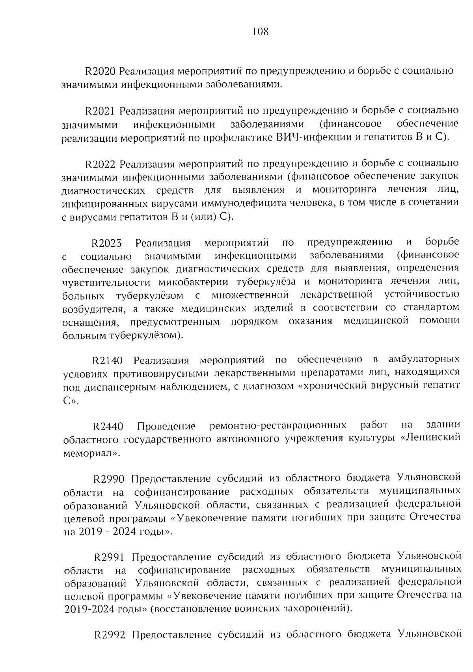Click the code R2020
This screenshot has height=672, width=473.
[99, 71]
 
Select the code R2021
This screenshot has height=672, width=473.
[99, 111]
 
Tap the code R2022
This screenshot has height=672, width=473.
[99, 164]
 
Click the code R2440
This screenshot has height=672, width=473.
[108, 426]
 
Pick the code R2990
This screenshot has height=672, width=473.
[108, 479]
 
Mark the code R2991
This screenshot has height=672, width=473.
[109, 557]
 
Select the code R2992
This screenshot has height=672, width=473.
[110, 635]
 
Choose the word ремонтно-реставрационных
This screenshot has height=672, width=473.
[278, 426]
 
